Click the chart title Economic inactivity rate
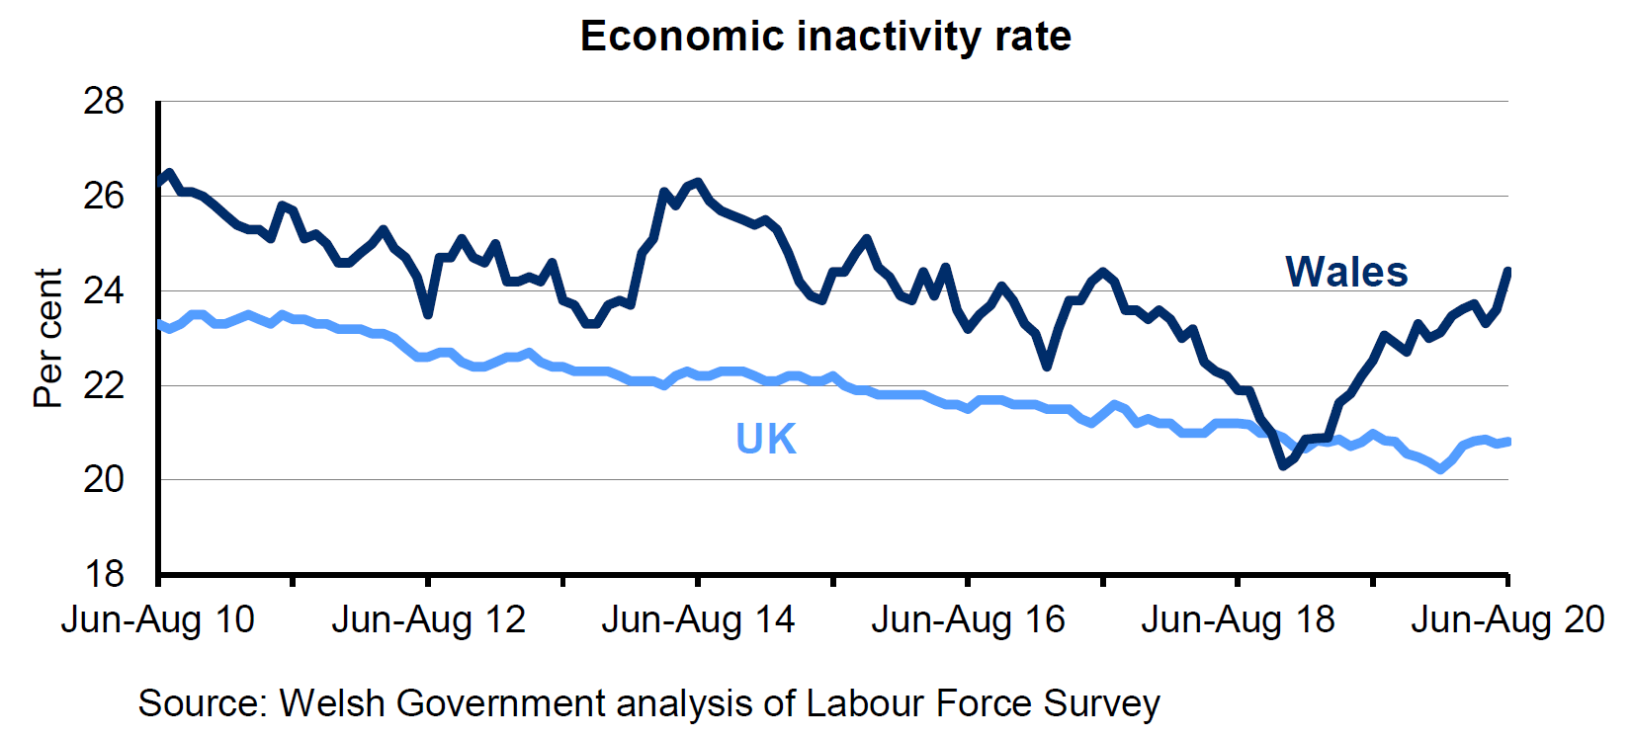825,37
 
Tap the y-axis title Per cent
47,338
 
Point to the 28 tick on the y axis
105,101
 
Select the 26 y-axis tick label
105,196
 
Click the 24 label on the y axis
105,290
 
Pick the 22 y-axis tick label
105,385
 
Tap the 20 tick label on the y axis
105,479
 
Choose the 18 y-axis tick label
105,574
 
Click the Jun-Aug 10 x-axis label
158,620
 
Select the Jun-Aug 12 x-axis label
428,620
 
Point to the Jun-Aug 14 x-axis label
698,620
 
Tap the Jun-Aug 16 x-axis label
968,620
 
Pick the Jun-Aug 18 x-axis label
1238,620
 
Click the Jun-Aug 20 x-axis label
1507,620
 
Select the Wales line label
1346,272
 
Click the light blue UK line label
766,439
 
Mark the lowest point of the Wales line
1283,465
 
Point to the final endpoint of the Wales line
1507,271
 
